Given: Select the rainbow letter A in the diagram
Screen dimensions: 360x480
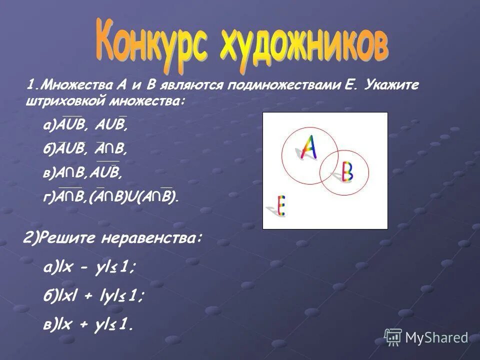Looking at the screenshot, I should (308, 145).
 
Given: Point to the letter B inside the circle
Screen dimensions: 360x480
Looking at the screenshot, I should (346, 172).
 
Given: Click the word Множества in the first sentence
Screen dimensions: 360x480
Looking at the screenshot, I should (73, 85).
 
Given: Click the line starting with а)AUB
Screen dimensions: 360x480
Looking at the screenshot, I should (85, 126).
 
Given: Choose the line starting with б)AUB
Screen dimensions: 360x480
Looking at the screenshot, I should (85, 149).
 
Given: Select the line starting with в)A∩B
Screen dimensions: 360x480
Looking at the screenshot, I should (83, 173).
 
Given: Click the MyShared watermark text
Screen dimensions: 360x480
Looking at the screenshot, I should (436, 338).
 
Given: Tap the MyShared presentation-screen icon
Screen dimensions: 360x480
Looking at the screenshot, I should (393, 337).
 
